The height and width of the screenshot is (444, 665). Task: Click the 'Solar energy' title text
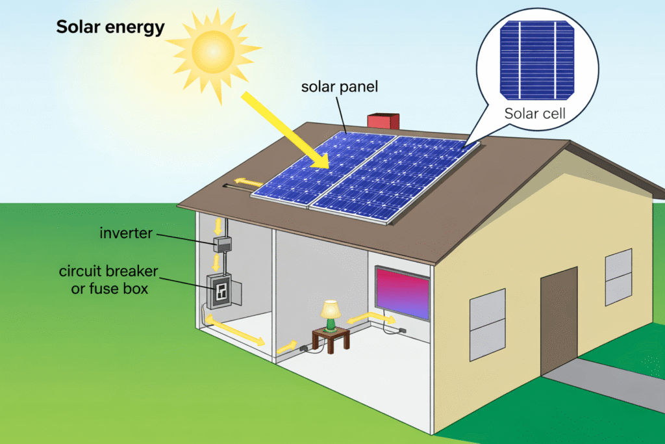point(110,27)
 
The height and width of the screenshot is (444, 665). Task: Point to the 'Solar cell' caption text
point(535,114)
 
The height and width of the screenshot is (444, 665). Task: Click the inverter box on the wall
point(223,245)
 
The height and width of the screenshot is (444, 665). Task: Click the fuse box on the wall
point(220,292)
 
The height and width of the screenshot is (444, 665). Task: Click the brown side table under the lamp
point(331,337)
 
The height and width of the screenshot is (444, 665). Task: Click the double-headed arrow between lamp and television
point(371,318)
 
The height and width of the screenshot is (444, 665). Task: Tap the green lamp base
point(331,323)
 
